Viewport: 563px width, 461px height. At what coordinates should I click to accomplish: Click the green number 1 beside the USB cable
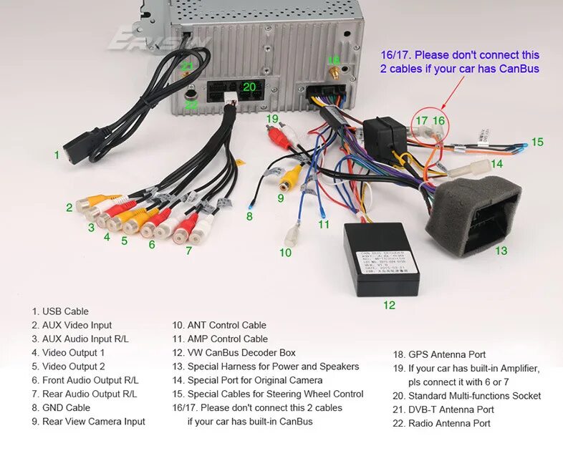(x=57, y=154)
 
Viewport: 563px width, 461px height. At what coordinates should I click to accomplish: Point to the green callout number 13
(x=501, y=251)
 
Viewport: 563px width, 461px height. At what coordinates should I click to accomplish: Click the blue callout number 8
(x=249, y=216)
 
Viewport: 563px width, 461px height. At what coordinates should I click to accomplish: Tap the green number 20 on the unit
(x=249, y=87)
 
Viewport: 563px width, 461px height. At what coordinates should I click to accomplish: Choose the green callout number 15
(x=537, y=142)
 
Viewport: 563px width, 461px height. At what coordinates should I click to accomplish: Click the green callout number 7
(x=188, y=251)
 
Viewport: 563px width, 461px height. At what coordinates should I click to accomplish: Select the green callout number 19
(x=272, y=118)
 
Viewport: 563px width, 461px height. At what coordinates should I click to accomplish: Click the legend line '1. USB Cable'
(x=60, y=311)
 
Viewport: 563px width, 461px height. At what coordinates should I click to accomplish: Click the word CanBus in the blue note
(x=515, y=69)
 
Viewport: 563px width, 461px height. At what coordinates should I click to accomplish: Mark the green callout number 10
(x=286, y=252)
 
